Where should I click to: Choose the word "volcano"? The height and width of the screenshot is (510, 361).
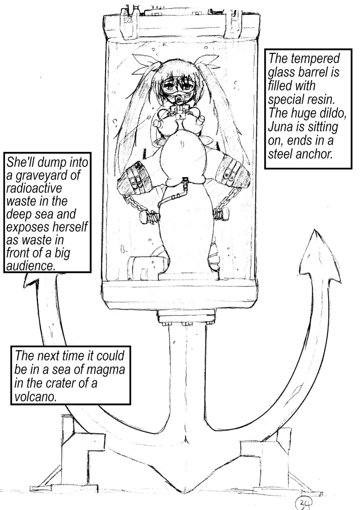point(35,397)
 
